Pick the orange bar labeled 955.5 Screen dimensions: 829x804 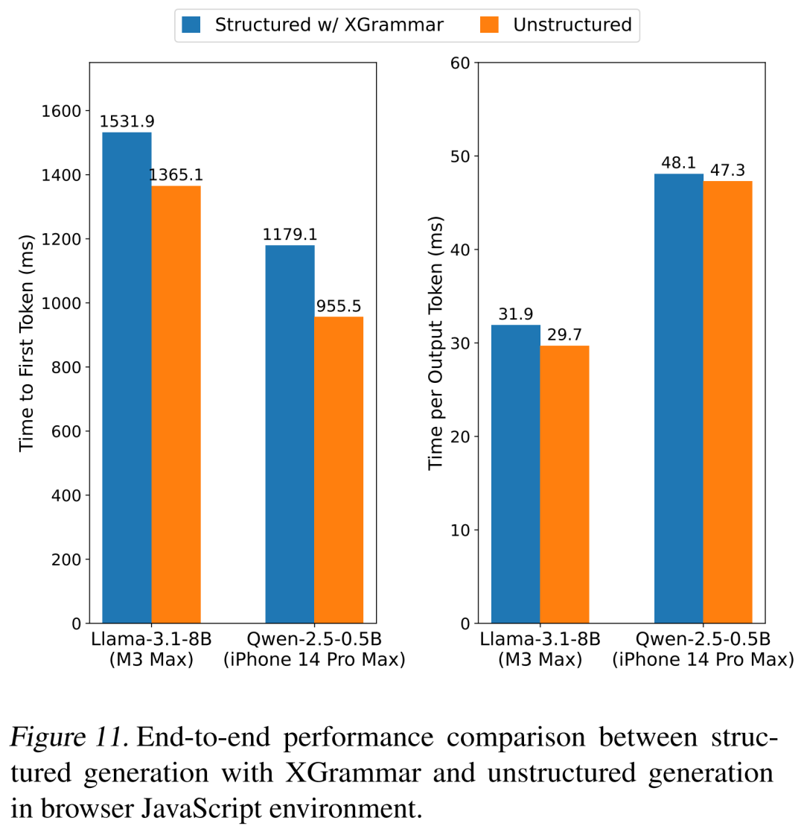tap(339, 469)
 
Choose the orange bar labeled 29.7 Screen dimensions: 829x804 tap(564, 484)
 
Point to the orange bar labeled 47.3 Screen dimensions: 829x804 tap(727, 402)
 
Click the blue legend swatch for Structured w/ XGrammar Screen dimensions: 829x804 tap(191, 25)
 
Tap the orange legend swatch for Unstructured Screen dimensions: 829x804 tap(490, 25)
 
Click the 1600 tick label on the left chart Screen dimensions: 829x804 tap(60, 111)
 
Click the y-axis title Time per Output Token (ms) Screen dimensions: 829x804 tap(436, 343)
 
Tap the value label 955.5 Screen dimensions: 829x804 tap(339, 306)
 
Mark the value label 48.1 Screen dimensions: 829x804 tap(678, 162)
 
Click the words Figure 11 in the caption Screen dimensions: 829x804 tap(70, 738)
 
